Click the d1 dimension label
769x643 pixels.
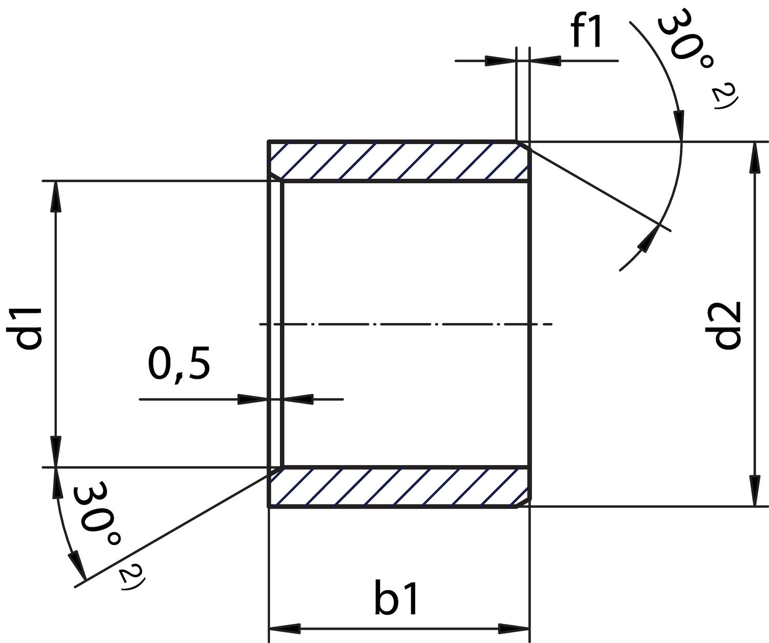tap(28, 328)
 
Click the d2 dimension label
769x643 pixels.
tap(728, 325)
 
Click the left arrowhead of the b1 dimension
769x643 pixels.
tap(284, 628)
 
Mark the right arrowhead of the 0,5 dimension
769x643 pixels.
tap(297, 399)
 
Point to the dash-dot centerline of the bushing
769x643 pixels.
tap(405, 324)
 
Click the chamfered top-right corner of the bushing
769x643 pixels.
tap(524, 145)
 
